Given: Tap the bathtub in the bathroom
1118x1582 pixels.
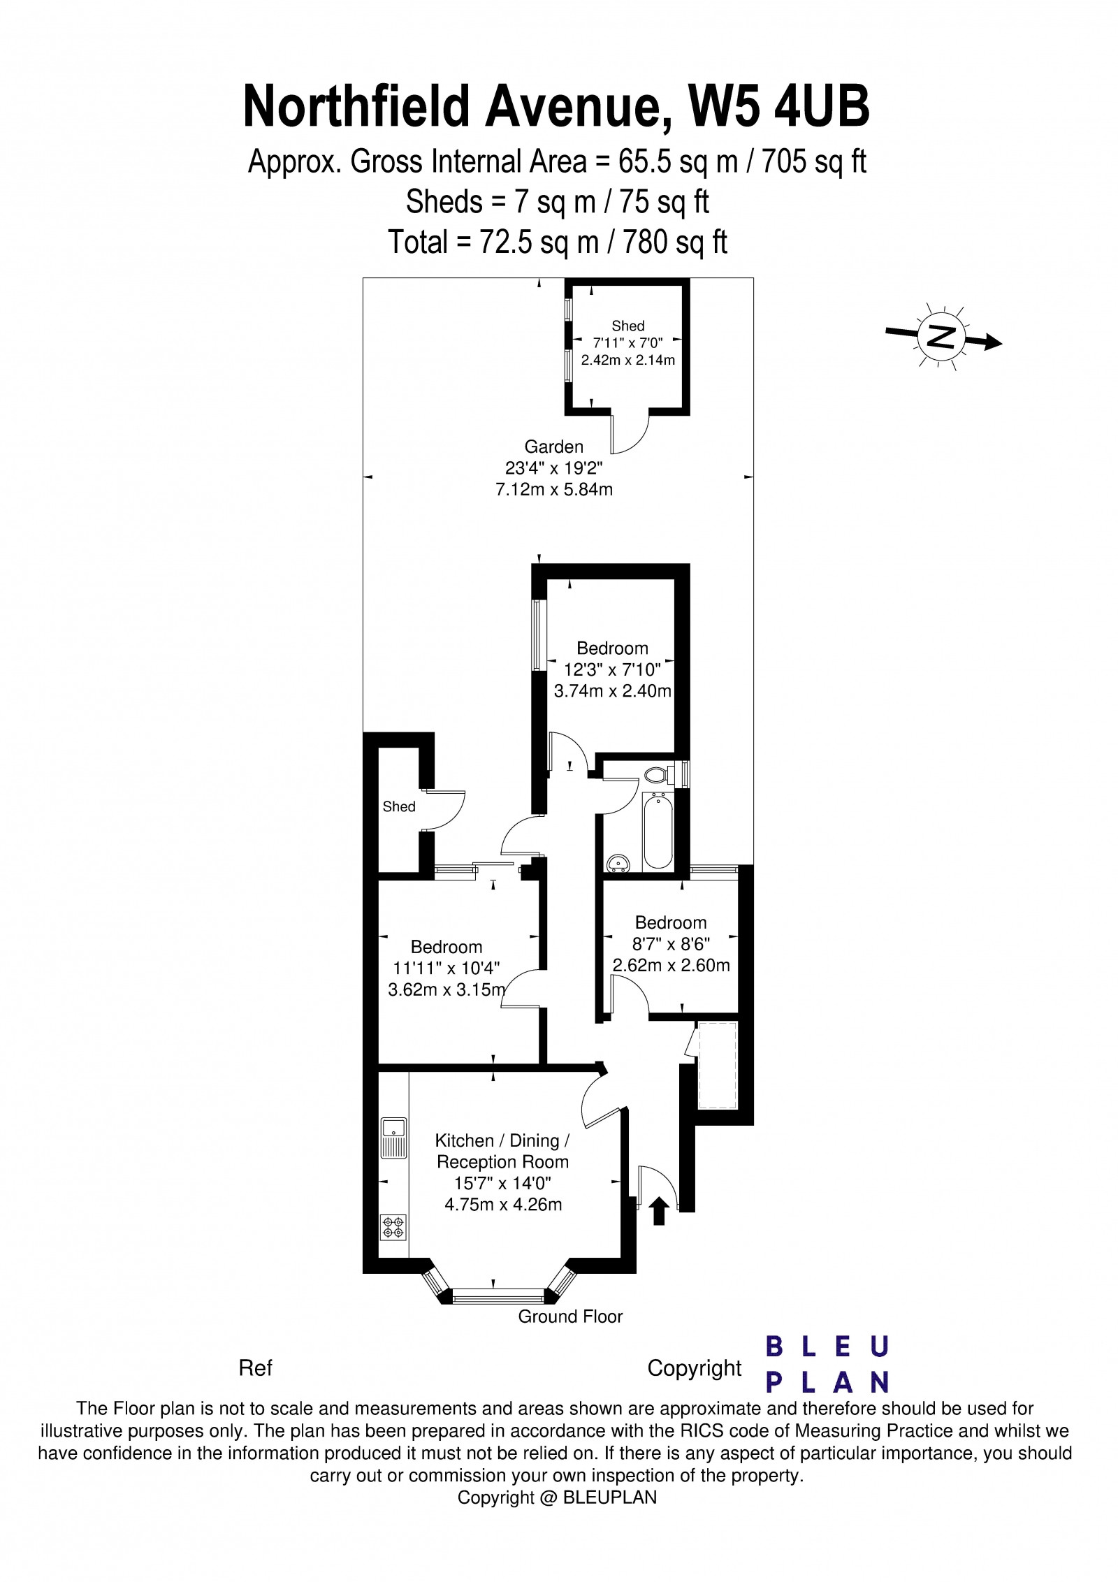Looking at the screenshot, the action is (658, 830).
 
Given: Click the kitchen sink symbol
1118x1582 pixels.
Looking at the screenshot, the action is (394, 1138).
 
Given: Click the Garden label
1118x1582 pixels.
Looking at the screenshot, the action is (553, 446).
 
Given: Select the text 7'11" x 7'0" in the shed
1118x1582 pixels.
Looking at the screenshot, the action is (627, 343).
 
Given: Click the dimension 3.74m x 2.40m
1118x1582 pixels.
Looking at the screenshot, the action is (612, 692).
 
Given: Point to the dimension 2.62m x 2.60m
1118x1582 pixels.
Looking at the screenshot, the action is (671, 966).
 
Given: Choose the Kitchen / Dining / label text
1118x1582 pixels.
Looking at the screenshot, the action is (502, 1141).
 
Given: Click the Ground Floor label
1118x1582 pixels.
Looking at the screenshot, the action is (570, 1316).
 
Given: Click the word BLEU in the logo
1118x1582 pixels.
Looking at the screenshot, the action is (827, 1346).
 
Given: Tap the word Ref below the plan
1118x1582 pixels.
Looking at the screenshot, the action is (255, 1367).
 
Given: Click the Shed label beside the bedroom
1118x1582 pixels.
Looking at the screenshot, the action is (399, 806).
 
